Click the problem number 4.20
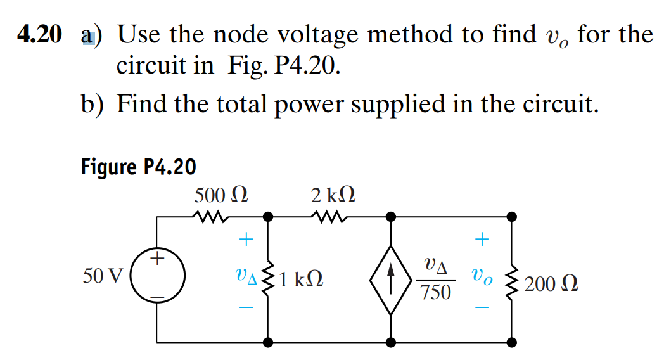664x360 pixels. pos(39,35)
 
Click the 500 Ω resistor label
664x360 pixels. pos(220,195)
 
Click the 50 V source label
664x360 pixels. pos(104,277)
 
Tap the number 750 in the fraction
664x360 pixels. pos(436,293)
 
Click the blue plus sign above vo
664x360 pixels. pos(483,239)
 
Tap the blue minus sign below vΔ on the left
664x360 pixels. pos(246,307)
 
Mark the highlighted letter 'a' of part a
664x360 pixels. pos(86,35)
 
